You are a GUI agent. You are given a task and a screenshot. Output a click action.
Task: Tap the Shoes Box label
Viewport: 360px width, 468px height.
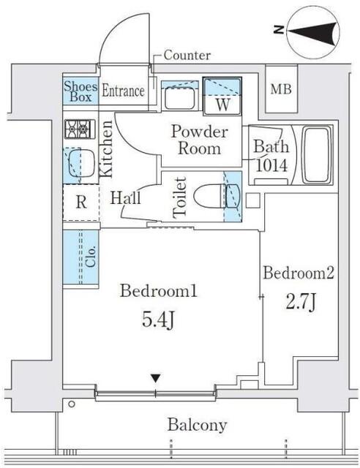click(80, 91)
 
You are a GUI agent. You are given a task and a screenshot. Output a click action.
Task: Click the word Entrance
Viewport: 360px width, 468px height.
click(123, 91)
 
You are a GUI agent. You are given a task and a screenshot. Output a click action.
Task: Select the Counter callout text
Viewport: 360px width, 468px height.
click(187, 56)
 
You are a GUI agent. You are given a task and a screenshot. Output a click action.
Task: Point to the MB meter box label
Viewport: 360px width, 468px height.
click(281, 89)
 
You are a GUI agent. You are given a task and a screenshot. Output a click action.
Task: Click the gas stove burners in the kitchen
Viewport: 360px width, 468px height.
click(80, 129)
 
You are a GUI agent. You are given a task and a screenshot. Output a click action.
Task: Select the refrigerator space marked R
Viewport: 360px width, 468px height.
click(81, 203)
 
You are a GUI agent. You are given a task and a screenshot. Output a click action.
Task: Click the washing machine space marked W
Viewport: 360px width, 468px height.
click(222, 96)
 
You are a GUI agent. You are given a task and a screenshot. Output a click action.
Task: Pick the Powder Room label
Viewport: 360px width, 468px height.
click(200, 140)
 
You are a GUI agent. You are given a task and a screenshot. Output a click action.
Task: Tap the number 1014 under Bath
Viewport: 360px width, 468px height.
click(272, 165)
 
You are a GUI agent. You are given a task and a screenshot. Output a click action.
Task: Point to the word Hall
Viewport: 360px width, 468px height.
click(125, 197)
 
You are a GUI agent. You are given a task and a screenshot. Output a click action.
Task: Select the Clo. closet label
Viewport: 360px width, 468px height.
click(90, 257)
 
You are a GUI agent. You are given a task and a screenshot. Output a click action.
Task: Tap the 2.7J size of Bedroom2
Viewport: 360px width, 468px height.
click(301, 302)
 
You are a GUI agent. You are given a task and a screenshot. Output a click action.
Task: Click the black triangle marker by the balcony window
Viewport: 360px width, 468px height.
click(156, 378)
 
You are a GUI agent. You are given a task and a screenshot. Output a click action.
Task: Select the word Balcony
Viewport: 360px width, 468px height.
click(197, 425)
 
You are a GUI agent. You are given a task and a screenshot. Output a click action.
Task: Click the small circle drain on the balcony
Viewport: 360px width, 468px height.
click(72, 404)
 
